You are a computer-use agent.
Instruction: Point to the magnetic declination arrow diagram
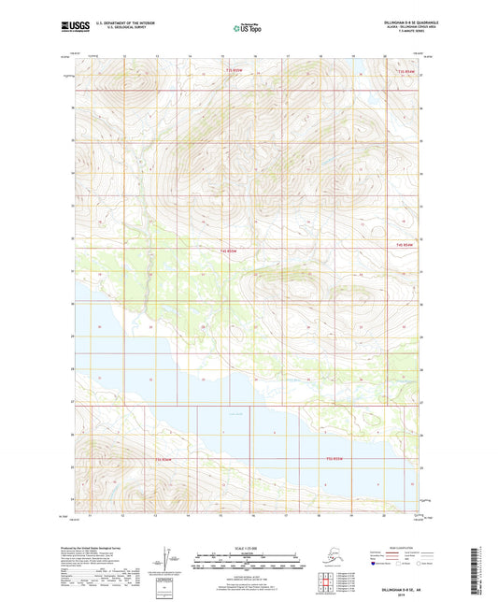point(170,558)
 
